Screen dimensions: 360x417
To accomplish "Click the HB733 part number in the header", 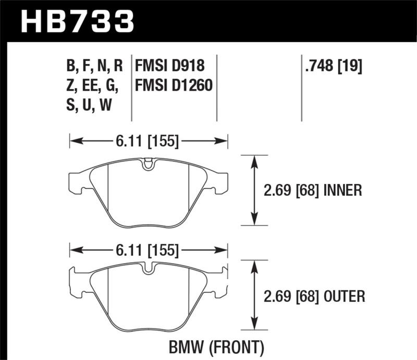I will point(77,22).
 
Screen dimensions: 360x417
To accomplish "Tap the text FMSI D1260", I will point(174,84).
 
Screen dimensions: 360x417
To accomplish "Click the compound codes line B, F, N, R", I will point(94,66).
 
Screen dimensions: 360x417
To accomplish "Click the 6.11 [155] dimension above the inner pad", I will point(149,141).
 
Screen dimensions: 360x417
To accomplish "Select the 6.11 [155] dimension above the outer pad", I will point(149,251).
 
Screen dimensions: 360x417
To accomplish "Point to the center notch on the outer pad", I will point(149,270).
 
